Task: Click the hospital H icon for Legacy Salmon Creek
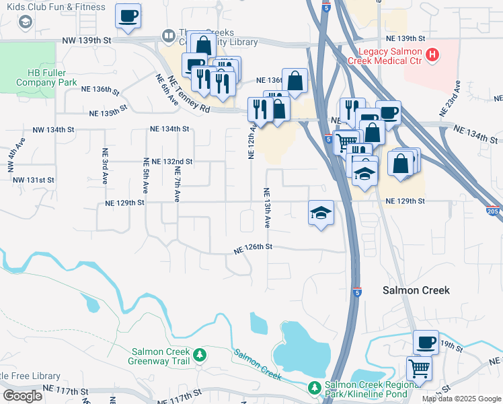433,53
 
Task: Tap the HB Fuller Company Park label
44,77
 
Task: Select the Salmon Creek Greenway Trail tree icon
199,355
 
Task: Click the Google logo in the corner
22,396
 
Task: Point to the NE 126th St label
253,247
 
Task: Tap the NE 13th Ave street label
267,206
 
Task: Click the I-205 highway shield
492,211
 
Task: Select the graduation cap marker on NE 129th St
321,213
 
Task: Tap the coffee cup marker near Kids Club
128,16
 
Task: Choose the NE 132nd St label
172,162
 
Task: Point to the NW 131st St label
32,180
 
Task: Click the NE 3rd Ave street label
105,166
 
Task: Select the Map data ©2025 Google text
461,399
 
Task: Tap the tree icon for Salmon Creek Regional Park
314,387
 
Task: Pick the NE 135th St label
110,110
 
